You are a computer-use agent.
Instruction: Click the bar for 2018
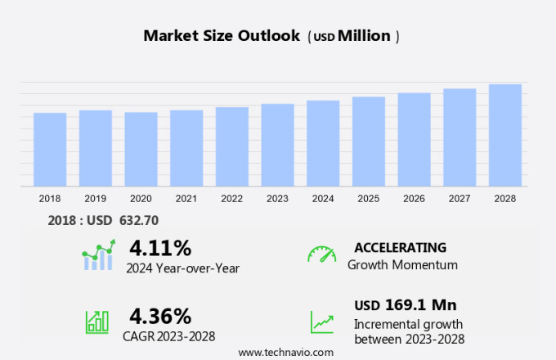50,150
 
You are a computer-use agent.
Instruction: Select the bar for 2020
141,150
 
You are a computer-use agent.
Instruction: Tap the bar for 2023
277,146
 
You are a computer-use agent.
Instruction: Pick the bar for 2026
414,140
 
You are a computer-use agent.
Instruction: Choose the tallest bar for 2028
505,136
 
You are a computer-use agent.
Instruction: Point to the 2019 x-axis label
95,198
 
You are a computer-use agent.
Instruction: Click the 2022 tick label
231,198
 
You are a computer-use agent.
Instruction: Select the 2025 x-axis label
368,198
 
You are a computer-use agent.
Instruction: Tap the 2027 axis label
460,198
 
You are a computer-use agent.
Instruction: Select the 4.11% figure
160,248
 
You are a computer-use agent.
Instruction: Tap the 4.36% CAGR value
160,316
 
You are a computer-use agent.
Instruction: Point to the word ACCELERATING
400,247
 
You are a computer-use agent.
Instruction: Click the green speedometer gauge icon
321,254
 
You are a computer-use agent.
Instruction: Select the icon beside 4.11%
99,255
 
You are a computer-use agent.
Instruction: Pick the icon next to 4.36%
97,322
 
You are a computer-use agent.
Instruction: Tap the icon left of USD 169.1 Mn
321,322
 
